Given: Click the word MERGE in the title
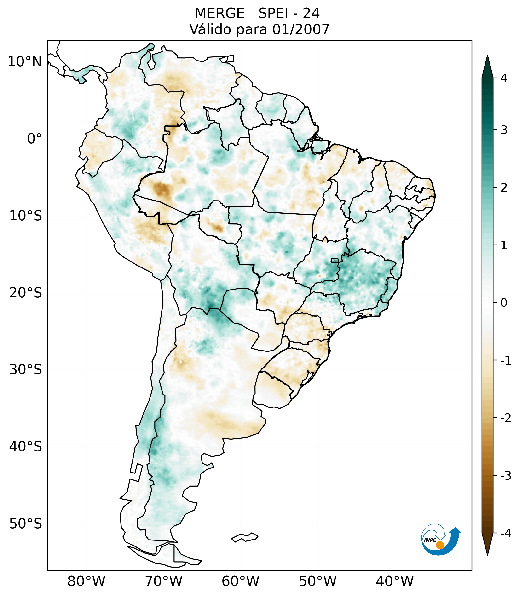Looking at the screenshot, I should click(219, 13).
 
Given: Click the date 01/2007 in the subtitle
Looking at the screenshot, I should click(301, 29).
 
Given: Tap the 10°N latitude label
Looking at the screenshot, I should click(25, 62).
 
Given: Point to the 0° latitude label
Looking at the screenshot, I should click(35, 139).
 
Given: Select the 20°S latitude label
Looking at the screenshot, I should click(26, 293).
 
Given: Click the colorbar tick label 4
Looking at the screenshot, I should click(504, 78).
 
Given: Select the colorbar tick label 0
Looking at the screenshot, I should click(504, 303).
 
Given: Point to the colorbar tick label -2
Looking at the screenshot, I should click(505, 418).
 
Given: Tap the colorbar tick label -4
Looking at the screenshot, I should click(505, 534).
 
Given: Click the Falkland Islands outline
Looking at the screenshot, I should click(245, 537).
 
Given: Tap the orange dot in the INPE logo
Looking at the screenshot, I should click(440, 545).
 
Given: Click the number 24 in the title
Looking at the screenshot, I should click(311, 13).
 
